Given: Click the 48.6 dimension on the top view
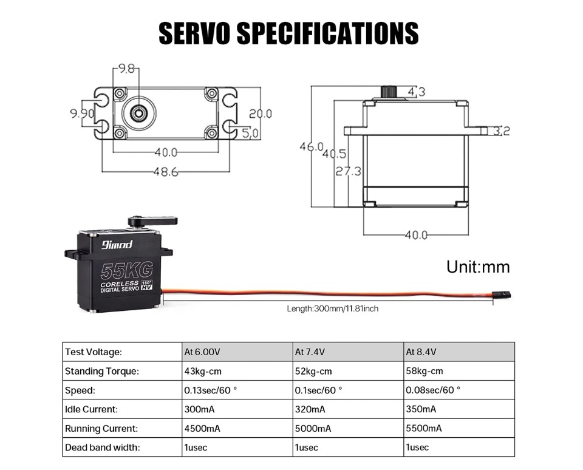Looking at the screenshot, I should [x=165, y=172].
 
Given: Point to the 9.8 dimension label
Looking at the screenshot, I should [x=126, y=69].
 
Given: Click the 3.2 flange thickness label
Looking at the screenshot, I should [x=501, y=131].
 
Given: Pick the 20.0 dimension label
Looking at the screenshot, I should [x=261, y=114].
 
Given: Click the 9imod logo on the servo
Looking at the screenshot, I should [x=117, y=244].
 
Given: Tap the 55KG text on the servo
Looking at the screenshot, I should [x=127, y=270].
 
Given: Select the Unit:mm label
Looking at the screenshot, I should [x=478, y=267].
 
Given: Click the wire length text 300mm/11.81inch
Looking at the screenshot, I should [x=332, y=309].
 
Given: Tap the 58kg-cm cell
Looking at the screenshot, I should [x=424, y=371].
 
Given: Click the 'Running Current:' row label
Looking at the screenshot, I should [x=101, y=428].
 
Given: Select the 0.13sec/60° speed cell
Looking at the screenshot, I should [x=210, y=390].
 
